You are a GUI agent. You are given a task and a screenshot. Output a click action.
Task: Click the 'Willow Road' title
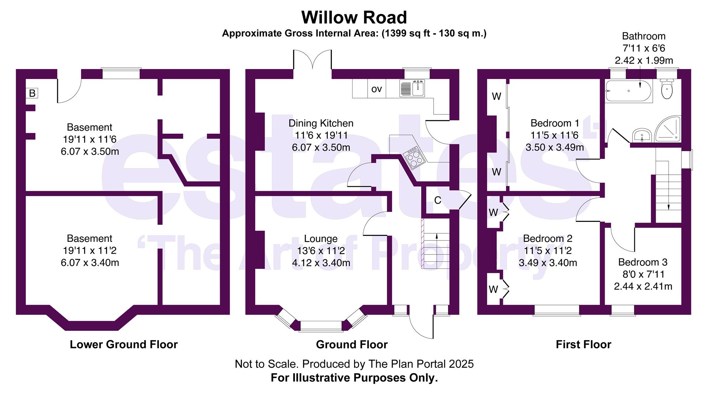pos(354,17)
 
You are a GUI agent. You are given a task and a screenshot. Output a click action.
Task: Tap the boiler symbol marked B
pos(32,93)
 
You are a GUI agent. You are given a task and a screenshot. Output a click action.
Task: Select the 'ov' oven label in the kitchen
pos(376,89)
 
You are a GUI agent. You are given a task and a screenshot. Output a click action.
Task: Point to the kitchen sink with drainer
pos(412,89)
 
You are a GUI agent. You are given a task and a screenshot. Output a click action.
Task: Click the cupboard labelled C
pos(437,201)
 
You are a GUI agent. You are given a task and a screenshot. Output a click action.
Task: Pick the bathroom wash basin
pos(642,135)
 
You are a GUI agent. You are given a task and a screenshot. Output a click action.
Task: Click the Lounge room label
pos(320,239)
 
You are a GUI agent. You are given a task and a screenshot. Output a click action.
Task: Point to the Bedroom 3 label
pos(643,262)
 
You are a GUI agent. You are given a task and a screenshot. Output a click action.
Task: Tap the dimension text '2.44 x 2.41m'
pos(643,286)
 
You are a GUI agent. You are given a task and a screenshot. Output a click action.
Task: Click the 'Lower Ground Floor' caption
pos(124,345)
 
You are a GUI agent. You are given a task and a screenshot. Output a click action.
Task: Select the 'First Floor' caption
pos(583,345)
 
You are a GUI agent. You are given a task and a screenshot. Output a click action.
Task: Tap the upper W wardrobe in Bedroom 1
pos(496,96)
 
